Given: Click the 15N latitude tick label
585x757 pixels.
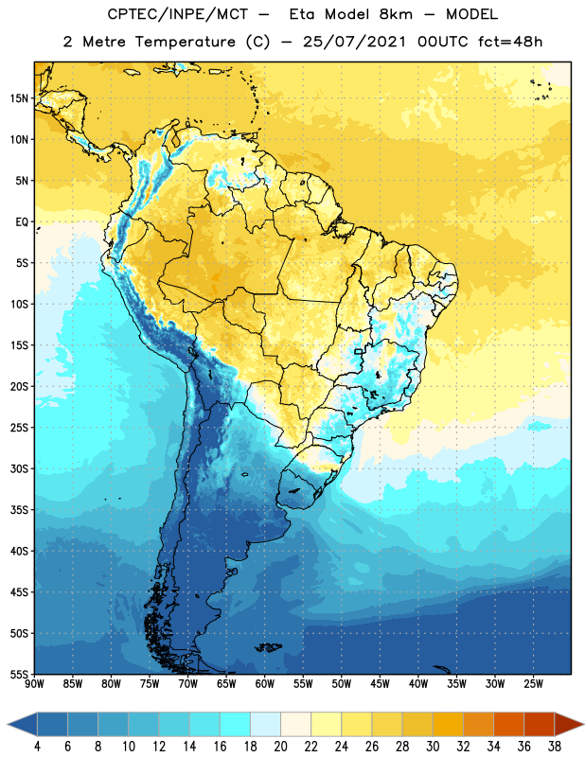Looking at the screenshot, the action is pyautogui.click(x=19, y=98).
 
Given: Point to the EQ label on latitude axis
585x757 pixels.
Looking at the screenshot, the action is pyautogui.click(x=22, y=222).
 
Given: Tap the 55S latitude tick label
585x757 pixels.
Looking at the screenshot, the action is pyautogui.click(x=19, y=674).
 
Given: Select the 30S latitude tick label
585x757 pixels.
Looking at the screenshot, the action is pyautogui.click(x=19, y=468).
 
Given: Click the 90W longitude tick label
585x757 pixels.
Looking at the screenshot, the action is pyautogui.click(x=34, y=684).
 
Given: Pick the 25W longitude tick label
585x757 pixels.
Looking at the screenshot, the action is pyautogui.click(x=533, y=684).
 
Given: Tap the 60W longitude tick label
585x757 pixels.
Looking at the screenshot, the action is pyautogui.click(x=265, y=684).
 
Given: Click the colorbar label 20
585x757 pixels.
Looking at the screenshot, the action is pyautogui.click(x=280, y=747).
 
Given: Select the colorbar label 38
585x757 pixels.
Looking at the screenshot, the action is pyautogui.click(x=555, y=747).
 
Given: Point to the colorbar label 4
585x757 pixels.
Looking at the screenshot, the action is pyautogui.click(x=37, y=747).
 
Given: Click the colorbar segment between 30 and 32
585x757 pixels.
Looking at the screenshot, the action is pyautogui.click(x=448, y=724).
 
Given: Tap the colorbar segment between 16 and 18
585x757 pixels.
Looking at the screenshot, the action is pyautogui.click(x=235, y=724).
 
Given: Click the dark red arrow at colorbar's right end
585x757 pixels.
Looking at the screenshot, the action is pyautogui.click(x=568, y=724).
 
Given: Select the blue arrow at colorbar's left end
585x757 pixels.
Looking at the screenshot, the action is pyautogui.click(x=23, y=724).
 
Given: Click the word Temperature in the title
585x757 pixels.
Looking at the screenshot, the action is pyautogui.click(x=186, y=42).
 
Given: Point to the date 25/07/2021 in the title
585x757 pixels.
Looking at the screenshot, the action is pyautogui.click(x=354, y=42).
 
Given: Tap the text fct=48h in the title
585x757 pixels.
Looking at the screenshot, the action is pyautogui.click(x=510, y=42).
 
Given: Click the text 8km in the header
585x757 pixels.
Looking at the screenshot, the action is pyautogui.click(x=396, y=14).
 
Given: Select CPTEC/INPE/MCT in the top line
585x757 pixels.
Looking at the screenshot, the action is pyautogui.click(x=177, y=14).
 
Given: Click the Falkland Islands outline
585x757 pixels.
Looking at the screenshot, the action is pyautogui.click(x=269, y=647).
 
